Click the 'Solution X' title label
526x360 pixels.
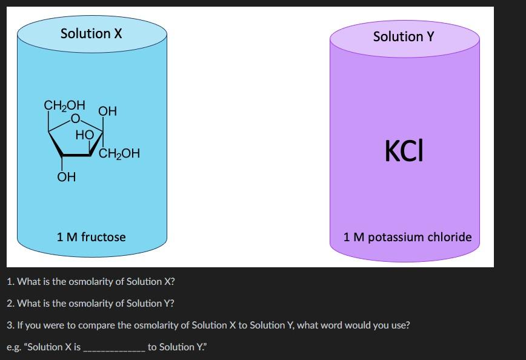[92, 34]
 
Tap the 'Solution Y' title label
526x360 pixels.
[404, 37]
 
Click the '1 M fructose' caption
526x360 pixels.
[92, 237]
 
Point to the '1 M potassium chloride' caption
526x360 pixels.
[407, 237]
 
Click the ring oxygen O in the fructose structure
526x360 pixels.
[75, 118]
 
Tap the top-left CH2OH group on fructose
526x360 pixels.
[64, 105]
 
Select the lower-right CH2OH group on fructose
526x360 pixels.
[119, 154]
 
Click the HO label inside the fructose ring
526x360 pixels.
[84, 135]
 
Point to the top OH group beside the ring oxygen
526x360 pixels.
[107, 111]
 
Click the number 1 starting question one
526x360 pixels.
[9, 282]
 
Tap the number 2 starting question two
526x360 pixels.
[10, 304]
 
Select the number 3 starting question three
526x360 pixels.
[10, 325]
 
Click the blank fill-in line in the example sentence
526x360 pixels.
[114, 348]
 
